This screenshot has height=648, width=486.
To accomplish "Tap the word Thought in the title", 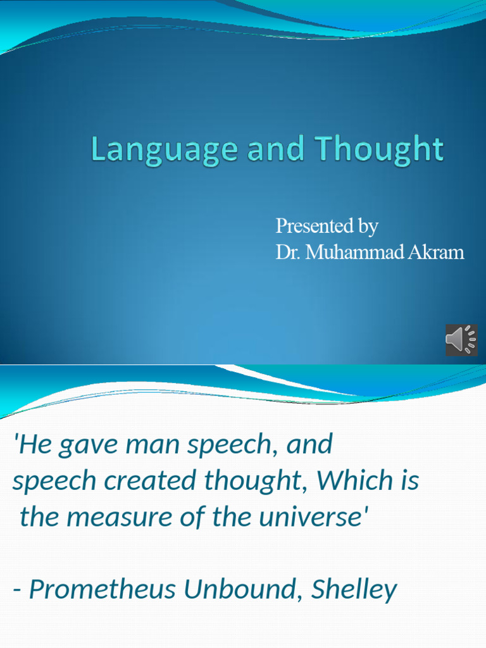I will click(380, 150).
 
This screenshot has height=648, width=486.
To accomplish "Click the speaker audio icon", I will click(461, 339).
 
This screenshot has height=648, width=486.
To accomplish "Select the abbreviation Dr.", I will click(287, 252).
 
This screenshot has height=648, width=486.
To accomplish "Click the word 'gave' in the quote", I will click(85, 445).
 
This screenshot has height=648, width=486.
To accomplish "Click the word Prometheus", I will click(103, 590).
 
